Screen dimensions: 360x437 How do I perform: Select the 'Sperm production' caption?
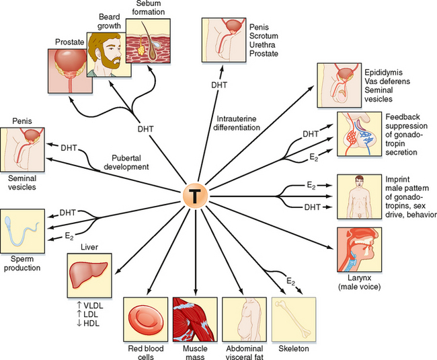22,262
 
